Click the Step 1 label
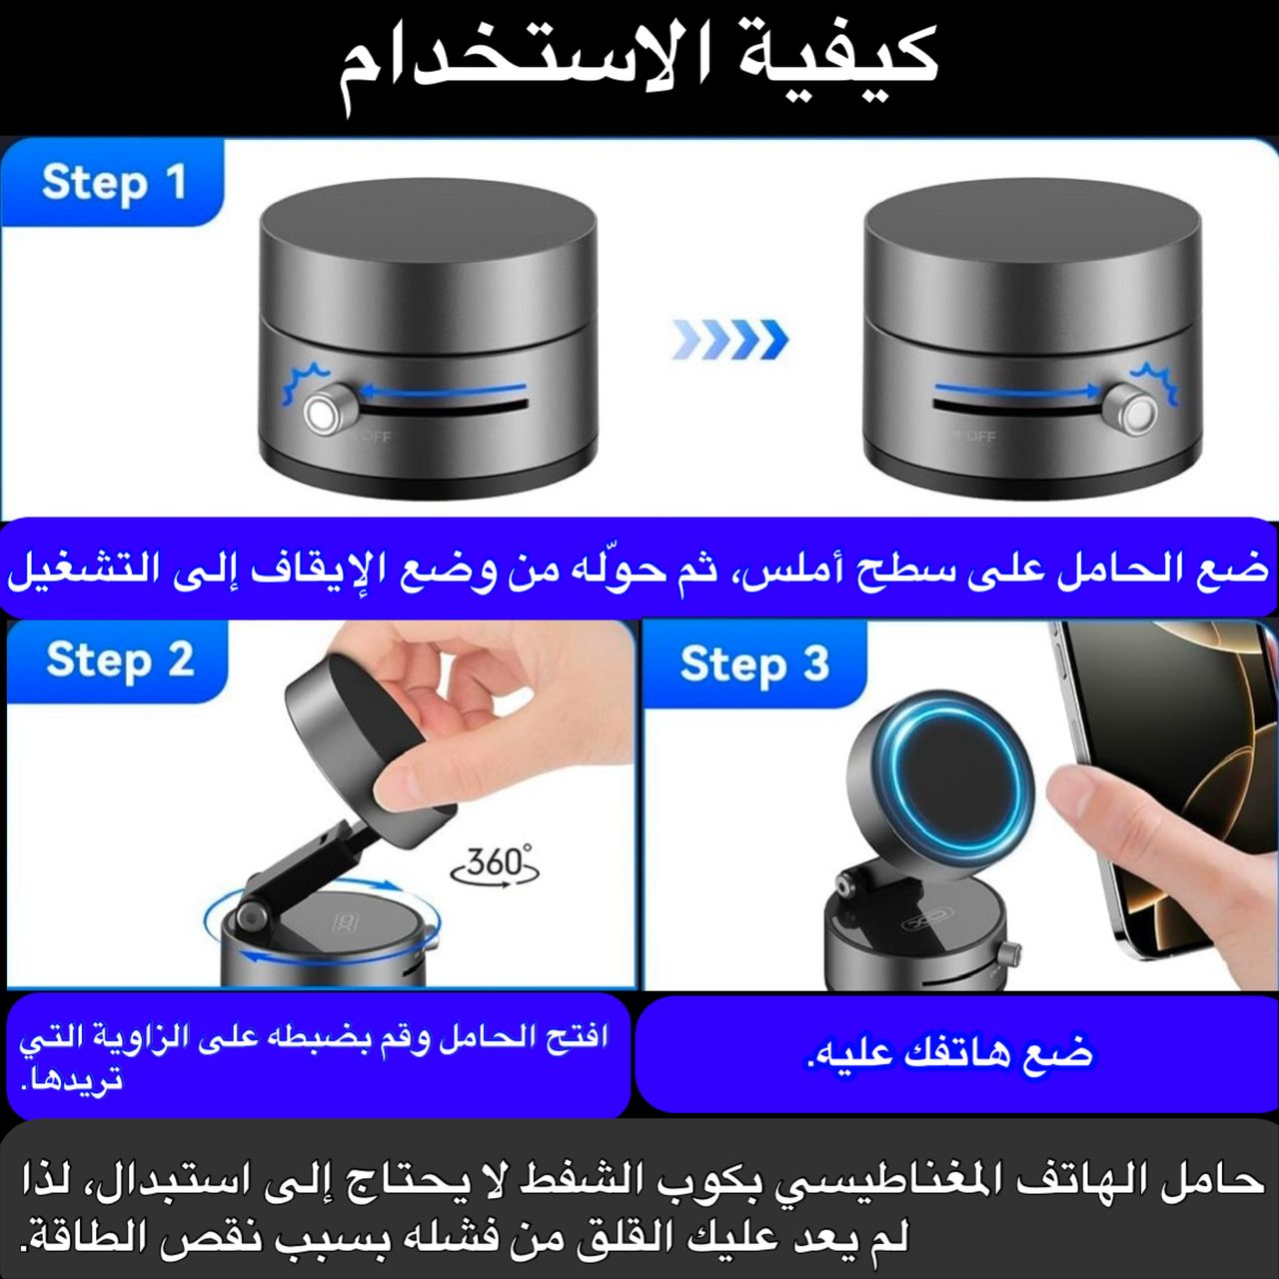pos(114,184)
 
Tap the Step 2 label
pos(120,661)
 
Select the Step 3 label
pos(754,665)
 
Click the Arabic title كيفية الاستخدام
pos(639,66)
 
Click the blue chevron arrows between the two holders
pos(730,339)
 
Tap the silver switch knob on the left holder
pos(323,414)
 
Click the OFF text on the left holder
pos(378,437)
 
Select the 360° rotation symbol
pos(495,865)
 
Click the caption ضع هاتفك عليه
pos(950,1054)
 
